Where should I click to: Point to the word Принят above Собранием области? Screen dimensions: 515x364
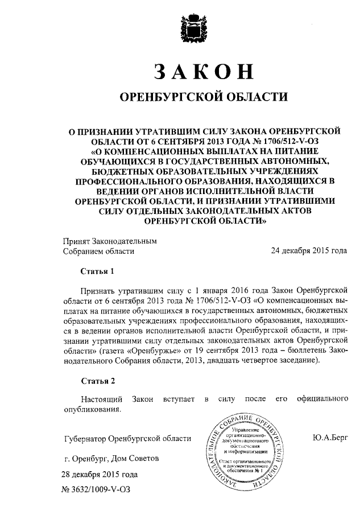77,241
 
